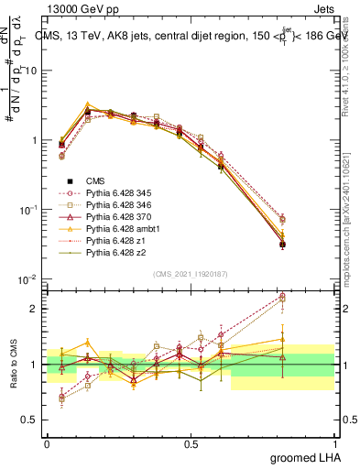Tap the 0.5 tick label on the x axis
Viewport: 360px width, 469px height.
click(191, 442)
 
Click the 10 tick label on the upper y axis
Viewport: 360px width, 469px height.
click(32, 71)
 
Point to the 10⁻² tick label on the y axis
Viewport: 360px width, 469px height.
click(29, 279)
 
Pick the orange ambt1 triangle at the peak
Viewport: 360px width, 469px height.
click(87, 105)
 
